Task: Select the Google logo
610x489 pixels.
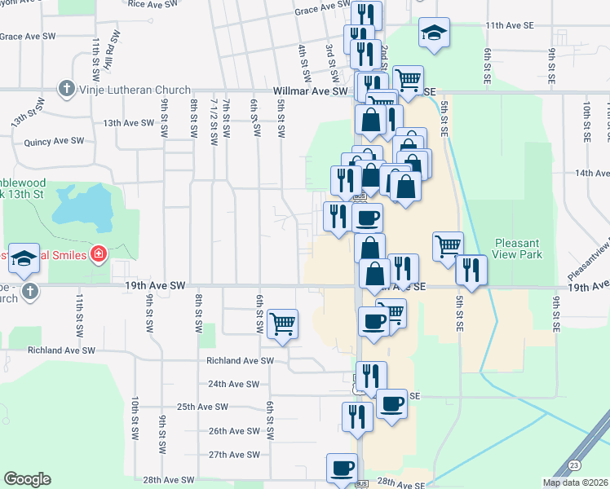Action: [27, 479]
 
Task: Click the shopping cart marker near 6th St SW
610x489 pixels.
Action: [282, 324]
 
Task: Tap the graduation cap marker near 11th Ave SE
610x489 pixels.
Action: [434, 33]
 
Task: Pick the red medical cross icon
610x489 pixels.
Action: [99, 255]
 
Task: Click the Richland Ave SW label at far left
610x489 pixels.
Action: [62, 350]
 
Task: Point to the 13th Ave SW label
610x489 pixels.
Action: [128, 123]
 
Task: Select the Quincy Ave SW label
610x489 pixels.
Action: [55, 141]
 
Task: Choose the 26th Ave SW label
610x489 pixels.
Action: [234, 431]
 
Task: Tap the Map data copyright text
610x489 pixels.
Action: [576, 482]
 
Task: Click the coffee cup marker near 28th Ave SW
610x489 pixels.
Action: [343, 468]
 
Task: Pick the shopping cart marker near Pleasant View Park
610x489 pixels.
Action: [448, 245]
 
